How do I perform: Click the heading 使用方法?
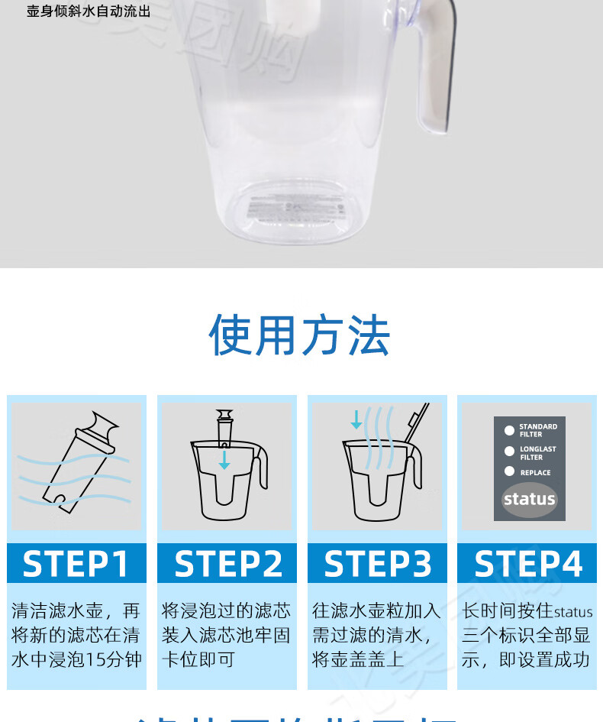(x=300, y=335)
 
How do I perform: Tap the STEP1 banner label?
(x=76, y=564)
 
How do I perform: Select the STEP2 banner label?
(x=227, y=564)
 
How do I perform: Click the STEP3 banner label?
(x=378, y=564)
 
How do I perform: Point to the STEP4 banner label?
(x=528, y=564)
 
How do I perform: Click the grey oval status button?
(x=529, y=500)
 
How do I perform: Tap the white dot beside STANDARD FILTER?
(x=510, y=431)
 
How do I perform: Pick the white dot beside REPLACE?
(x=510, y=471)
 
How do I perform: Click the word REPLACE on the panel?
(x=535, y=473)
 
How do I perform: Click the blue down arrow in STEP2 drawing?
(x=224, y=460)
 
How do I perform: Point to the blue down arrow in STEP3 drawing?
(x=356, y=419)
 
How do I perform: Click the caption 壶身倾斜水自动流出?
(x=89, y=11)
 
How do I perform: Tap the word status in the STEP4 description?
(x=573, y=612)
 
